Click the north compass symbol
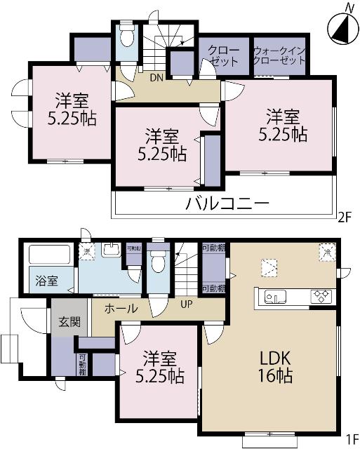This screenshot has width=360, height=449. coord(340,27)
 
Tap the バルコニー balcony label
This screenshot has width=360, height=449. coord(227,205)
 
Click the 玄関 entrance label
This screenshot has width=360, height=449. coord(69,323)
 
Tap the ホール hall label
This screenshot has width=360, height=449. coord(121,309)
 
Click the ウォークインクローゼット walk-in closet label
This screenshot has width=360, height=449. coord(279,55)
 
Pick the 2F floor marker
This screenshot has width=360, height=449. coord(345,216)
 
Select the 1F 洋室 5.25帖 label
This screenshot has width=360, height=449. coord(159,366)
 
